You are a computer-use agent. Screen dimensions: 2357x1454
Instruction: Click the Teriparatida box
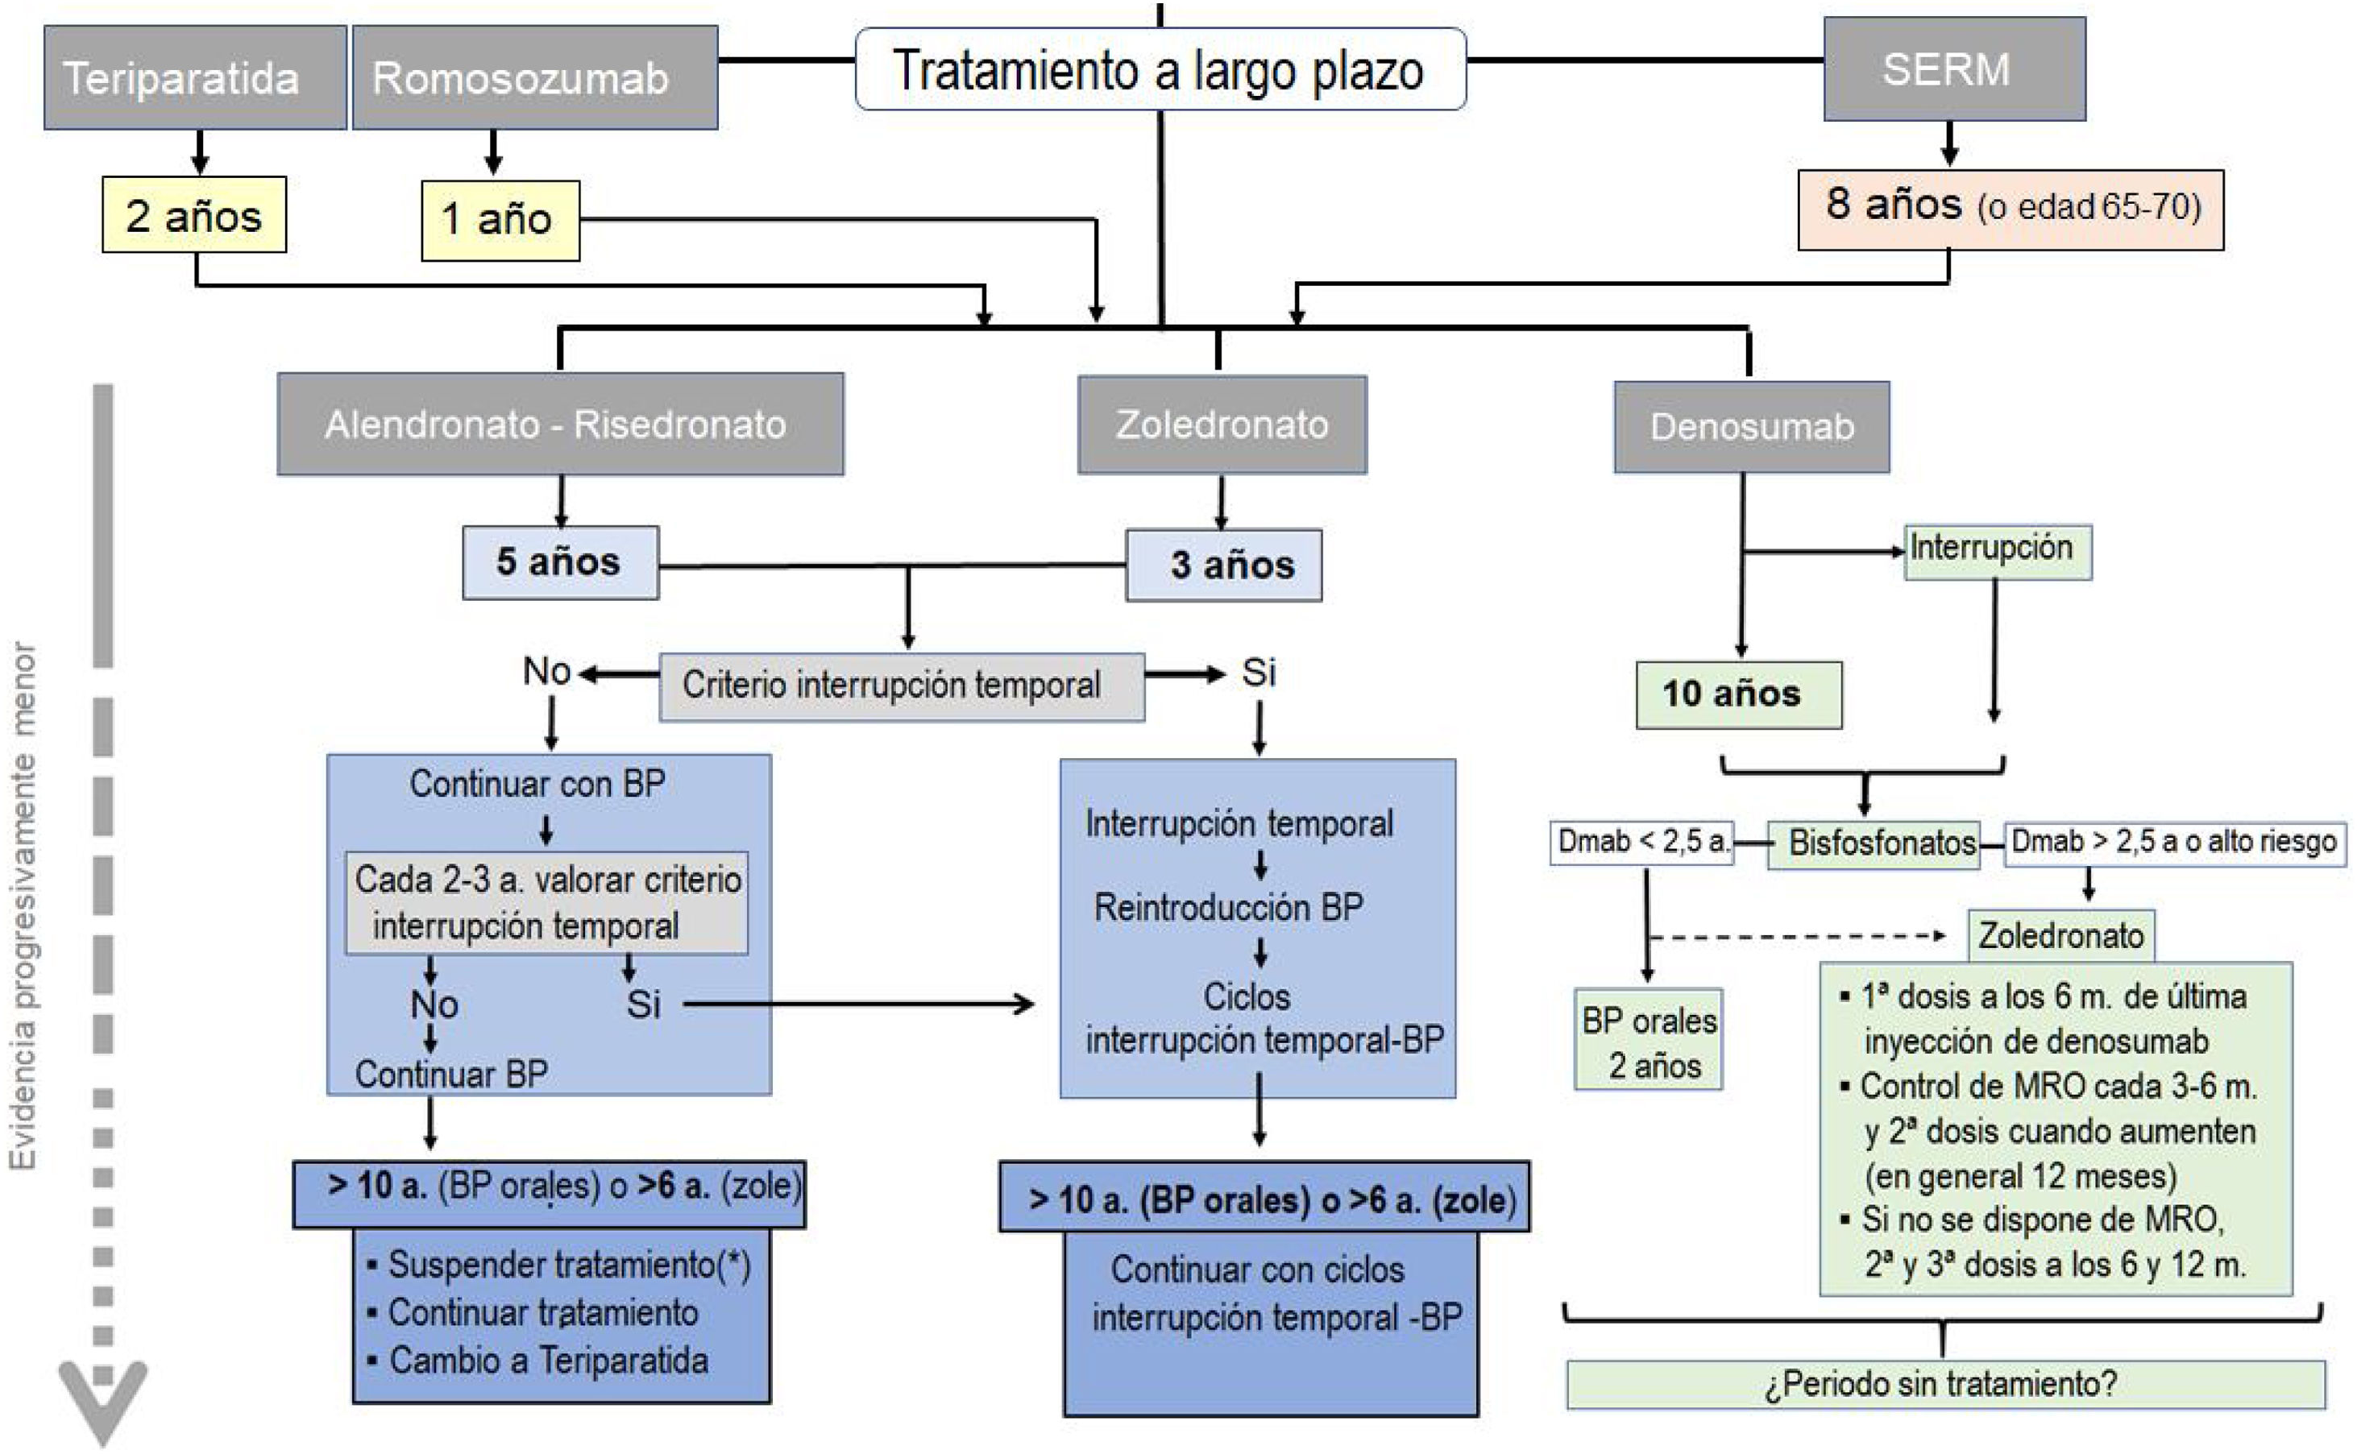tap(195, 77)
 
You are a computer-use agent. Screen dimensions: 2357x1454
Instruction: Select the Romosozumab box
tap(535, 77)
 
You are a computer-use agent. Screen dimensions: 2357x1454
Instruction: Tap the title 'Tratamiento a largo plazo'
tap(1160, 69)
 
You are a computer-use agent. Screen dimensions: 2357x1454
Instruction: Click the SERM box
tap(1954, 69)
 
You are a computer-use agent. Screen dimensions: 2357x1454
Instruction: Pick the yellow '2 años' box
tap(194, 214)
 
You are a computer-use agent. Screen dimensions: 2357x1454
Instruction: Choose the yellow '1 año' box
tap(500, 220)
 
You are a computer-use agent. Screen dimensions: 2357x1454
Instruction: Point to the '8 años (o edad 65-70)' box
tap(2011, 209)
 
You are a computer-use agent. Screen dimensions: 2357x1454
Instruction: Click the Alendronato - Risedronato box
tap(561, 424)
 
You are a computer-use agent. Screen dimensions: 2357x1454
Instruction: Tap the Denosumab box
tap(1751, 427)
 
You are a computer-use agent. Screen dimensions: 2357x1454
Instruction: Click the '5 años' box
tap(561, 562)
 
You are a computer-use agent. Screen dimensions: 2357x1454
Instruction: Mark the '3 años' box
tap(1223, 565)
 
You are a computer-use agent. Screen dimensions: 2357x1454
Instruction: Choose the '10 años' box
tap(1739, 695)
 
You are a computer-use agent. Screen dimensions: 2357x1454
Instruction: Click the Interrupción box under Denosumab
tap(1998, 551)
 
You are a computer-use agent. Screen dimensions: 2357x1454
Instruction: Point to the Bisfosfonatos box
tap(1874, 844)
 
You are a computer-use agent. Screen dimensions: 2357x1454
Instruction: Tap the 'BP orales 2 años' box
tap(1648, 1039)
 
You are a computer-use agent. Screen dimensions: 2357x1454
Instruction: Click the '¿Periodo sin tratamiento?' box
tap(1945, 1385)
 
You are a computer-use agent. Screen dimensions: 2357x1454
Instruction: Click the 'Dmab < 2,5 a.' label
tap(1641, 843)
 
